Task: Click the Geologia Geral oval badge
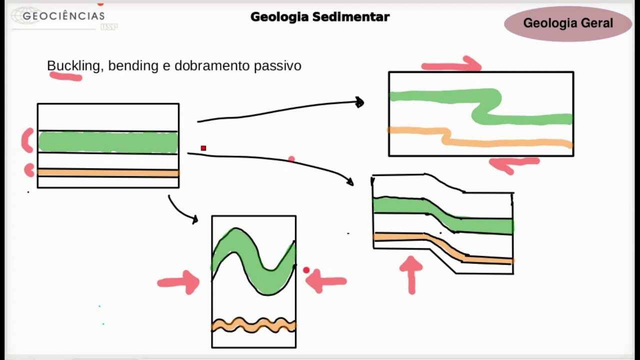tap(567, 23)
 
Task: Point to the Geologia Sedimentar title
tap(320, 16)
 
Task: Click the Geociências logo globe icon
tap(25, 16)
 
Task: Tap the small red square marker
tap(203, 148)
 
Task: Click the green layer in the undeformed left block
tap(108, 142)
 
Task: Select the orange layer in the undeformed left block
tap(108, 173)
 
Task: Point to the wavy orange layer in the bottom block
tap(253, 325)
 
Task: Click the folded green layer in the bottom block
tap(253, 260)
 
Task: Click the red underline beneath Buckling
tap(66, 76)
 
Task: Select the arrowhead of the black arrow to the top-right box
tap(359, 102)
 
